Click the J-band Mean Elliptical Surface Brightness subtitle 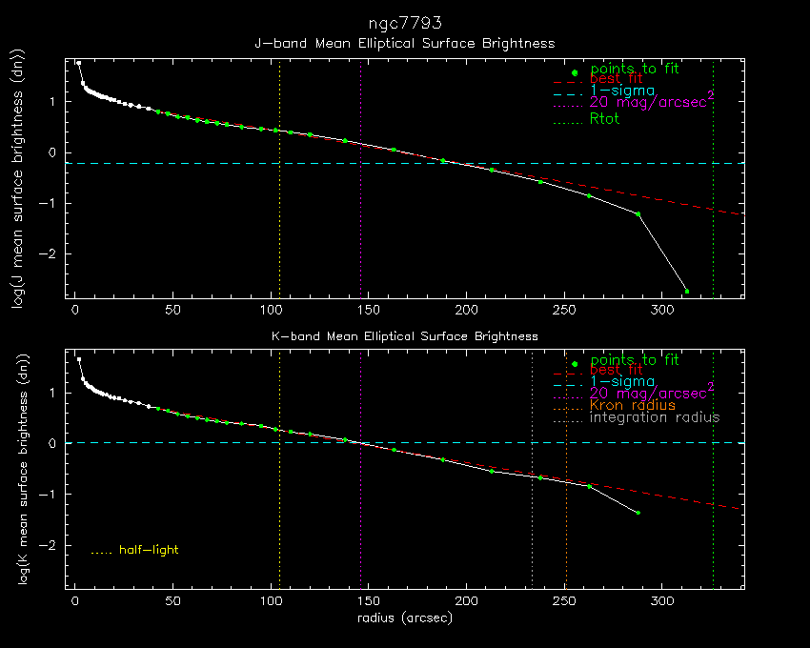coord(404,44)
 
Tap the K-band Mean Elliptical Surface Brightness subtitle coord(404,336)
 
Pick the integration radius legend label coord(655,417)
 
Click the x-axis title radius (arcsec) coord(404,618)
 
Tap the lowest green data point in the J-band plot coord(687,291)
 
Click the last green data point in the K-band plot coord(638,513)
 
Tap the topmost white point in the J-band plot coord(79,63)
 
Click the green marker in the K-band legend coord(575,364)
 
